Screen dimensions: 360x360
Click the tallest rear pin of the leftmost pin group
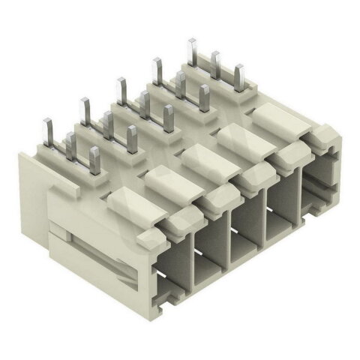pyautogui.click(x=49, y=129)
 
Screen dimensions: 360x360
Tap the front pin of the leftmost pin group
pyautogui.click(x=94, y=158)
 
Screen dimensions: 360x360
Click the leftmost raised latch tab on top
pyautogui.click(x=131, y=200)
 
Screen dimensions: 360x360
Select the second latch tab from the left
pyautogui.click(x=169, y=178)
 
